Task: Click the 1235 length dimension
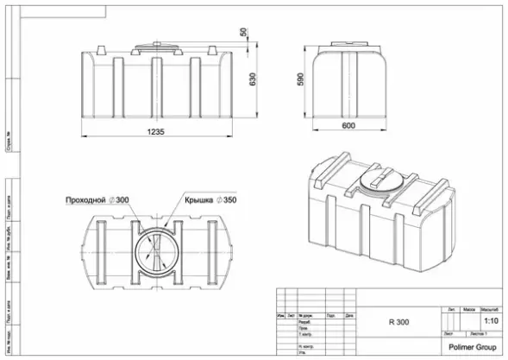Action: [x=156, y=132]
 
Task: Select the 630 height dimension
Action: [x=253, y=79]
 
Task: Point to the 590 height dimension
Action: [x=301, y=79]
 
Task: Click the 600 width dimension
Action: [x=348, y=126]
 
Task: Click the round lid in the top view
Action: [x=156, y=249]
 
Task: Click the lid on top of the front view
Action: [x=156, y=44]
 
